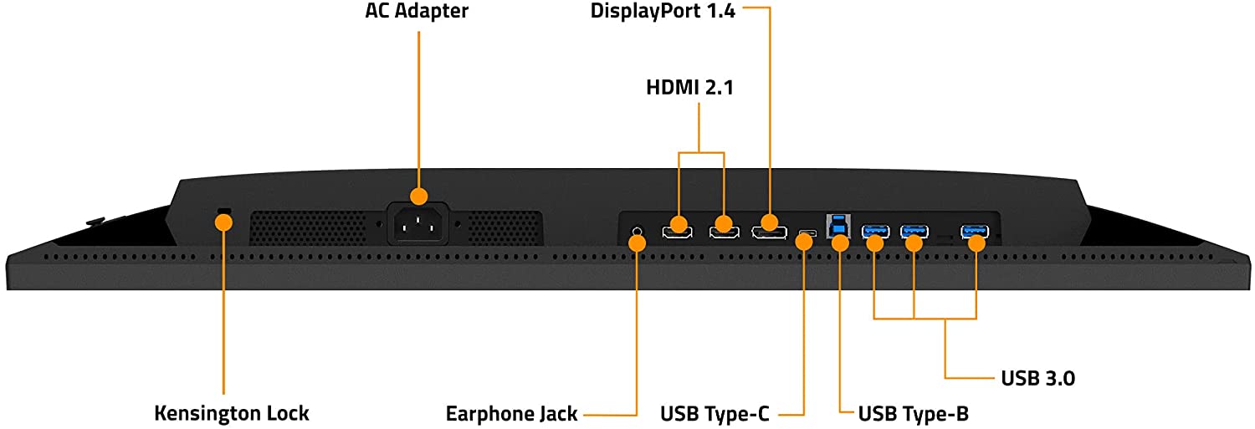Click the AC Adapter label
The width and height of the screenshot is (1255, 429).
coord(417,12)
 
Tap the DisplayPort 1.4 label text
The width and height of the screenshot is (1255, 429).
coord(662,12)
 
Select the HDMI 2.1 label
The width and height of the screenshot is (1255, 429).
coord(689,87)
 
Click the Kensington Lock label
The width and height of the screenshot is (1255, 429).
coord(232,413)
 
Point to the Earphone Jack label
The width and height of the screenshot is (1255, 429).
coord(511,413)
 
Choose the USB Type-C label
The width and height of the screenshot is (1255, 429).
coord(715,413)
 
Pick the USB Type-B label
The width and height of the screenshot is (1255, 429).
coord(914,413)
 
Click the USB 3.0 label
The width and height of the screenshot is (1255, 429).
coord(1037,378)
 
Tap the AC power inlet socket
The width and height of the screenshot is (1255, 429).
coord(417,223)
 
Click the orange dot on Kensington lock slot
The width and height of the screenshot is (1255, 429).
coord(223,222)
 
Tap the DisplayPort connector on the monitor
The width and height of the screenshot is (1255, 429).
coord(768,230)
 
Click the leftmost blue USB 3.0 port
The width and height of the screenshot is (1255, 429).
coord(876,230)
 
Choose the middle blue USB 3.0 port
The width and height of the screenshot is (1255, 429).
coord(914,230)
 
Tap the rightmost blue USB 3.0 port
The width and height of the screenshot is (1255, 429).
coord(975,230)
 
